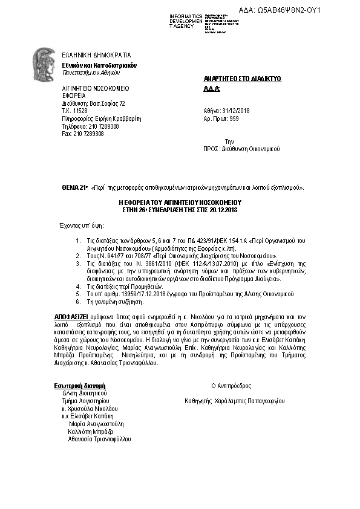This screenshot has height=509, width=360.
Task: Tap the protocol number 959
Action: tap(235, 119)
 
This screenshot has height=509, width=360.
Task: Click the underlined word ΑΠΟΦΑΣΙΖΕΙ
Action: tap(68, 316)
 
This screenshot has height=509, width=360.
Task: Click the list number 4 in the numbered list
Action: tap(77, 287)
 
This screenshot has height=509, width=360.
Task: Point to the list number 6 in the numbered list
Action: tap(77, 301)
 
